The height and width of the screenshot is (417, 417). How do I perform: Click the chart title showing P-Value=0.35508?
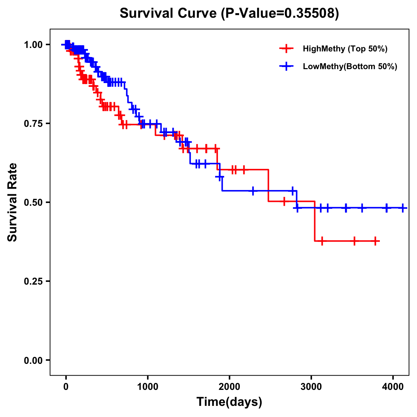pos(229,13)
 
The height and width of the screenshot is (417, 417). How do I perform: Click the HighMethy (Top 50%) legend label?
pos(345,49)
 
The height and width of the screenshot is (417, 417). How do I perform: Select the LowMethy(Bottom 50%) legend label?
pos(350,67)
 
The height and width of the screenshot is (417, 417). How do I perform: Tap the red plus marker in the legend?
pos(286,49)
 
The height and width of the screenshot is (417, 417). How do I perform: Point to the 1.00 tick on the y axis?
pos(33,45)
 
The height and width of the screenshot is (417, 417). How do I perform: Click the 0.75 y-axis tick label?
pos(33,124)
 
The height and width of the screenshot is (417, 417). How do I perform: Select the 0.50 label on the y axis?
pos(33,203)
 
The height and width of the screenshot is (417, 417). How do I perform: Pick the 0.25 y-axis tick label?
pos(33,281)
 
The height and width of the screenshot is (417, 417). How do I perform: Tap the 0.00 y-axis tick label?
pos(33,360)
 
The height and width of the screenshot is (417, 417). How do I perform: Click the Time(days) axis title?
pos(229,402)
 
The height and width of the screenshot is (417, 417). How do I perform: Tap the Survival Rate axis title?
pos(13,202)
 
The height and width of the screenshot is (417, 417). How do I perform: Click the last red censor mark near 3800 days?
pos(375,241)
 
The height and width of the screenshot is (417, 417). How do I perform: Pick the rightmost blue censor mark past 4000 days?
pos(402,208)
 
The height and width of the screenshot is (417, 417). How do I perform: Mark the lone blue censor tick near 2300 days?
pos(253,191)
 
